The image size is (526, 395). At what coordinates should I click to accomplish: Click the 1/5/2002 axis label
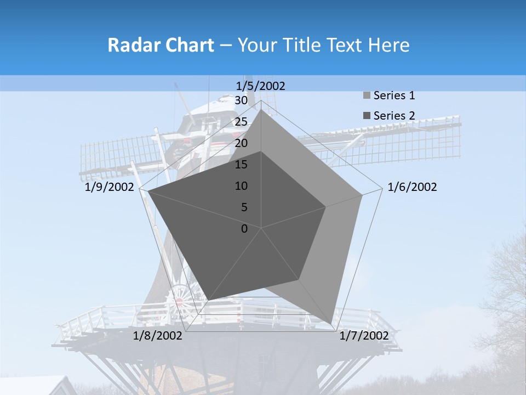(261, 86)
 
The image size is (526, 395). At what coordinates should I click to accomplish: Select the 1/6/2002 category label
(412, 187)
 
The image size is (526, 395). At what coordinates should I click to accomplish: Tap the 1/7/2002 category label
(364, 336)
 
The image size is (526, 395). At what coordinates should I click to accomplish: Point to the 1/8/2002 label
(158, 336)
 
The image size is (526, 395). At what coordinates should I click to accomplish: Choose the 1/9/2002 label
(110, 187)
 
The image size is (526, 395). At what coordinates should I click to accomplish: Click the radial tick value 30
(241, 100)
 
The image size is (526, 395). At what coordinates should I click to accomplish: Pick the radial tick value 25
(241, 122)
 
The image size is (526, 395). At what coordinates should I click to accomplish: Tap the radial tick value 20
(241, 143)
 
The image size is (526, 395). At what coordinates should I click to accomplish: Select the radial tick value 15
(241, 165)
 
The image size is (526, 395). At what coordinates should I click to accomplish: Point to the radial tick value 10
(241, 186)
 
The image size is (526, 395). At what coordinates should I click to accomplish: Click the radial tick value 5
(244, 207)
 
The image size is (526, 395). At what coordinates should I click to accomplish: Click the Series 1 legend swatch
(367, 96)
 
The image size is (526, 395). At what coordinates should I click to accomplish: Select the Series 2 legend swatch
(367, 116)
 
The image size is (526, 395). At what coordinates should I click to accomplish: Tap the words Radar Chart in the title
(161, 45)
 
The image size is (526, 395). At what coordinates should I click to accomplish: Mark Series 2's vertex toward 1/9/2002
(148, 191)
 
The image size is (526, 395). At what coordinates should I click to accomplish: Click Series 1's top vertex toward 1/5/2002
(261, 109)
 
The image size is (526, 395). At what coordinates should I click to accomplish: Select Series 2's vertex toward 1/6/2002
(325, 207)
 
